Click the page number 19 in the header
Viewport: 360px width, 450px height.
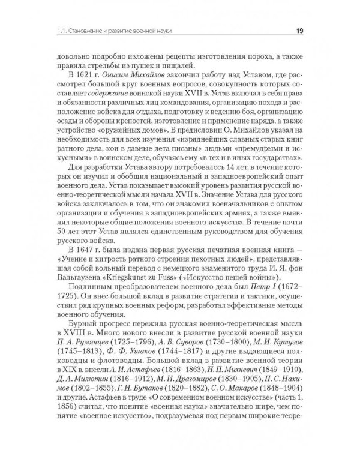click(x=303, y=32)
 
